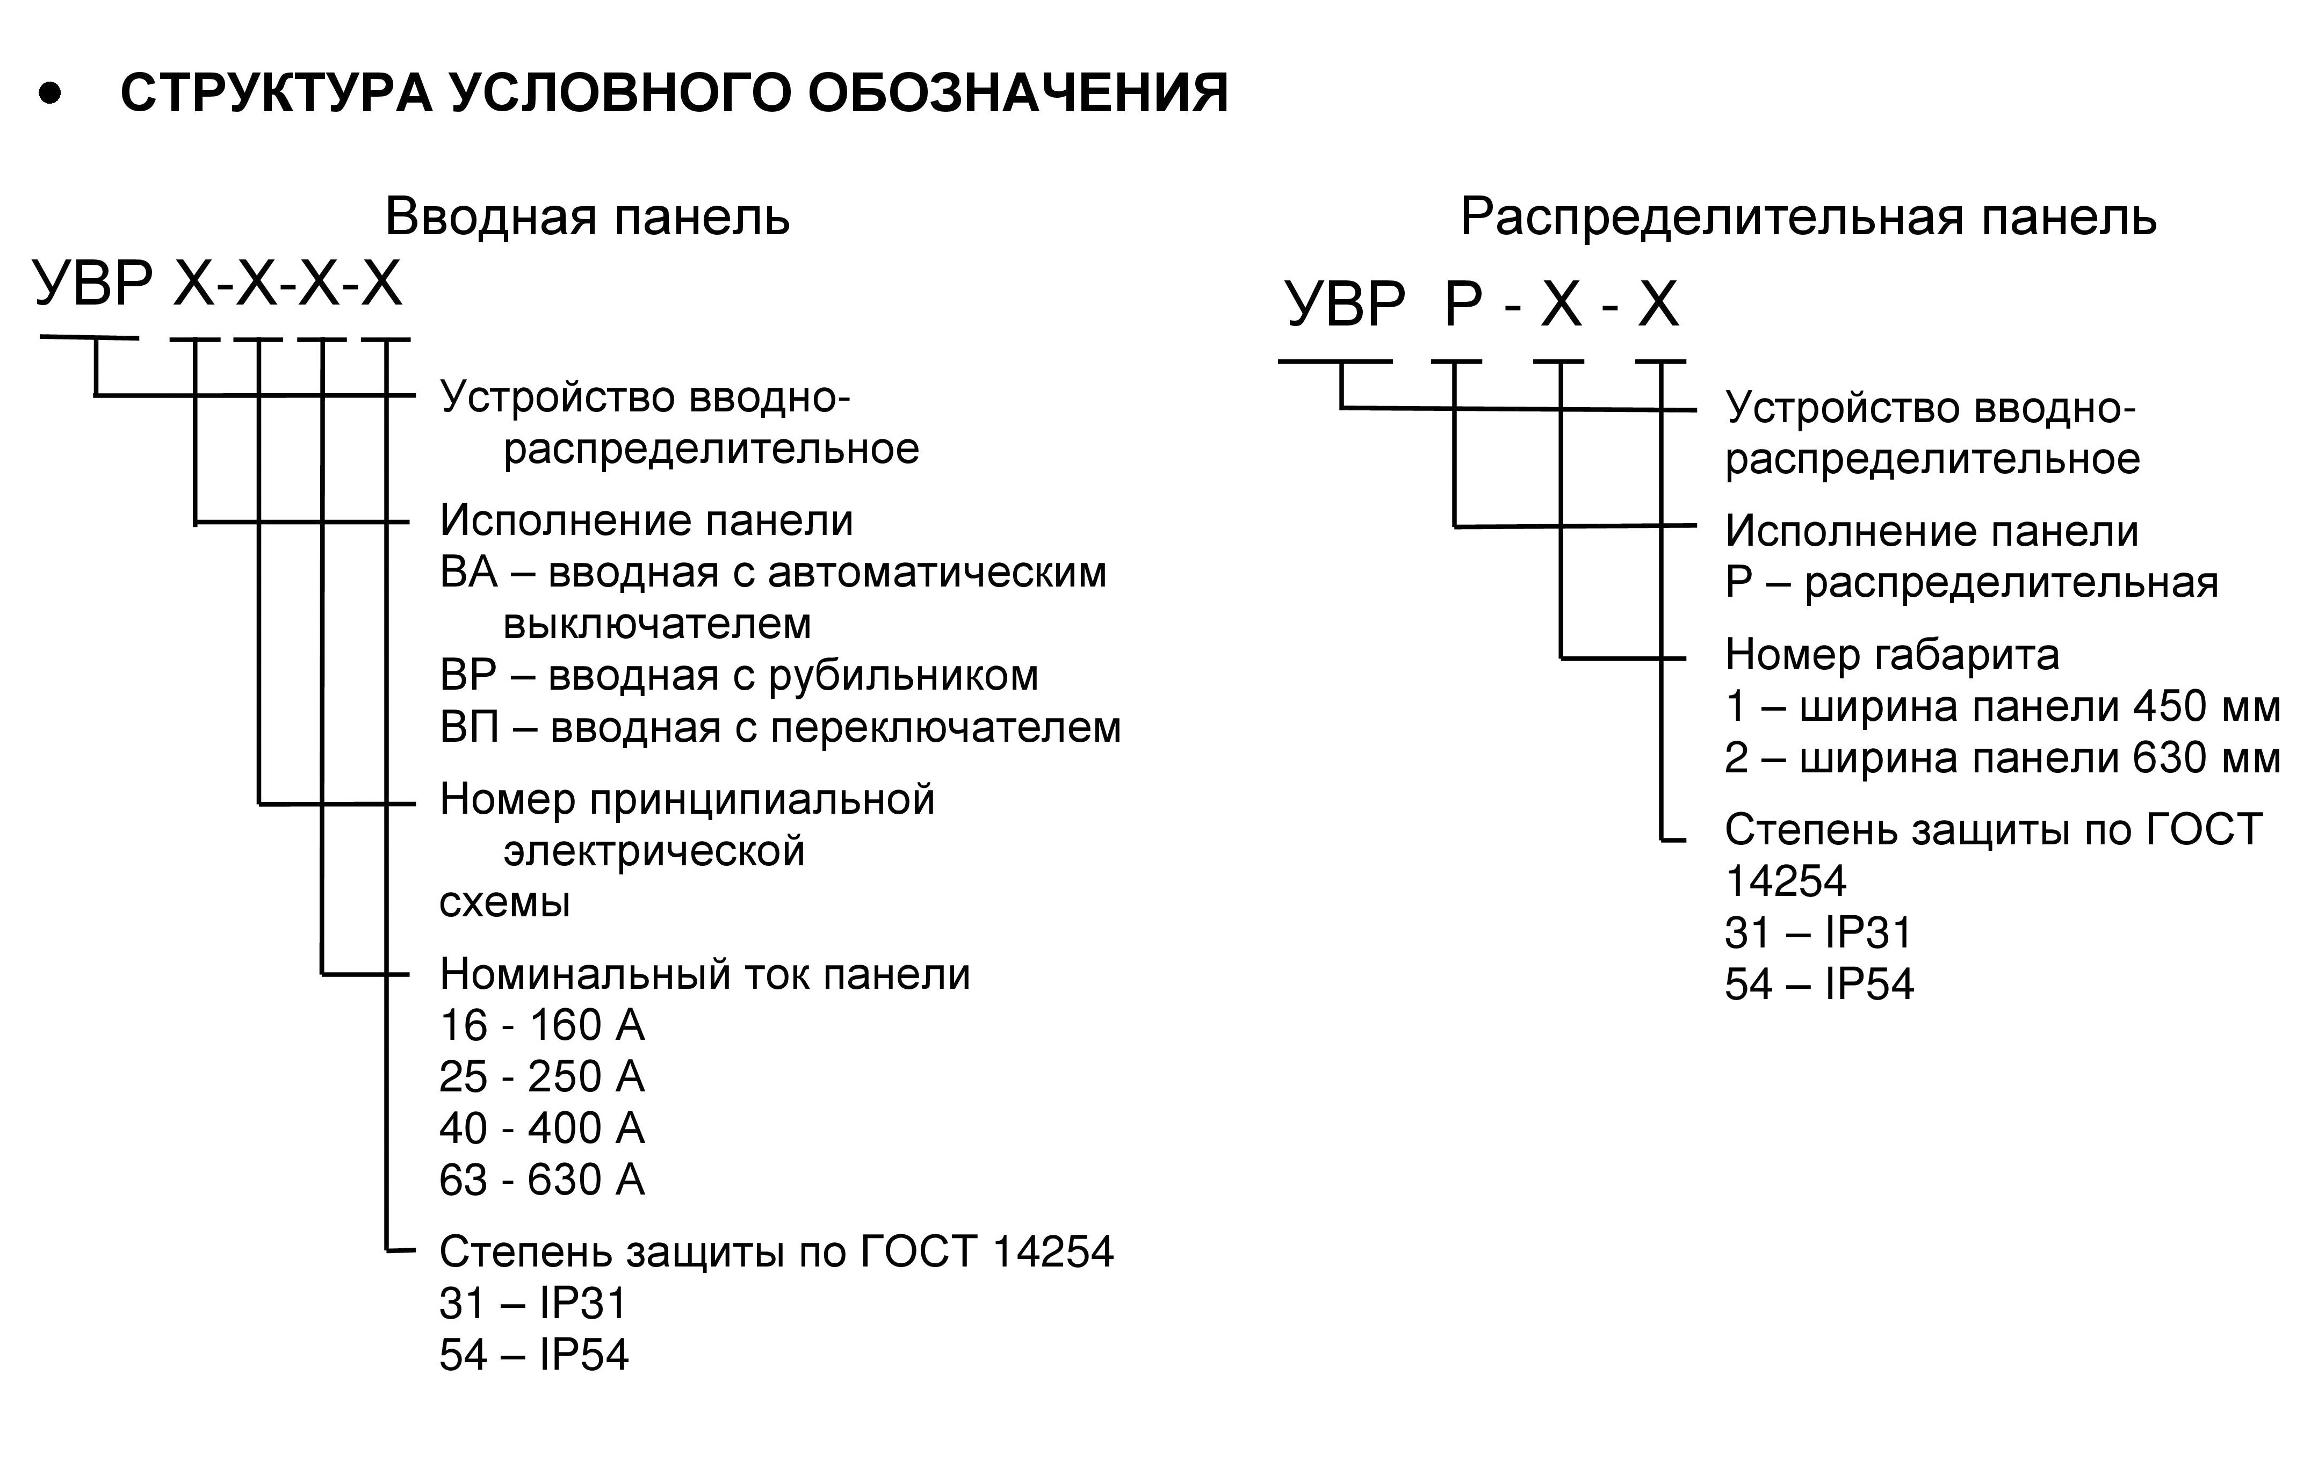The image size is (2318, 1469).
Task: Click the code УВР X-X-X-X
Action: (x=218, y=284)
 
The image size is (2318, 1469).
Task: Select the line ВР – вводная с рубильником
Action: (x=738, y=676)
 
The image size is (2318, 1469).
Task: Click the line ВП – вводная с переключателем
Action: (x=779, y=728)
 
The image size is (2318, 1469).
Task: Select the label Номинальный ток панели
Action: (x=705, y=974)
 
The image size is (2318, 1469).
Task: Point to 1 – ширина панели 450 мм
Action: (x=2002, y=707)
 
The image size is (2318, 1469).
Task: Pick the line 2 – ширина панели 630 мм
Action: (x=2002, y=758)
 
